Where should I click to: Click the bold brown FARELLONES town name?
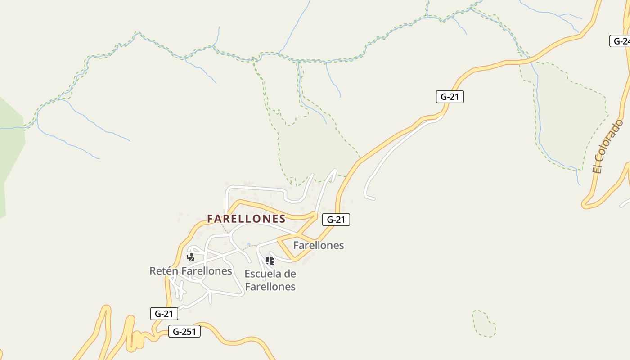point(246,219)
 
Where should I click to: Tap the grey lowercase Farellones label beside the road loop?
point(319,245)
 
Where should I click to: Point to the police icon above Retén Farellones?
point(191,257)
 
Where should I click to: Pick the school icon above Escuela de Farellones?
point(270,260)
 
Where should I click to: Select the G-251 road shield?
point(184,332)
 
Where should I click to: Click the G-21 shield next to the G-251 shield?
point(164,314)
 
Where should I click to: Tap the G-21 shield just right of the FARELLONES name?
point(336,220)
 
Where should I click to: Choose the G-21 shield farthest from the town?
point(450,97)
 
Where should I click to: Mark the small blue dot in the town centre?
point(249,245)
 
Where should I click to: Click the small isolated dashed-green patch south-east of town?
point(484,324)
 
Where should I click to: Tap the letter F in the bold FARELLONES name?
point(211,219)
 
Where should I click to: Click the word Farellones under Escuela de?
point(270,287)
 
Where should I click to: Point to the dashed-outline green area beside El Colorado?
point(567,117)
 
